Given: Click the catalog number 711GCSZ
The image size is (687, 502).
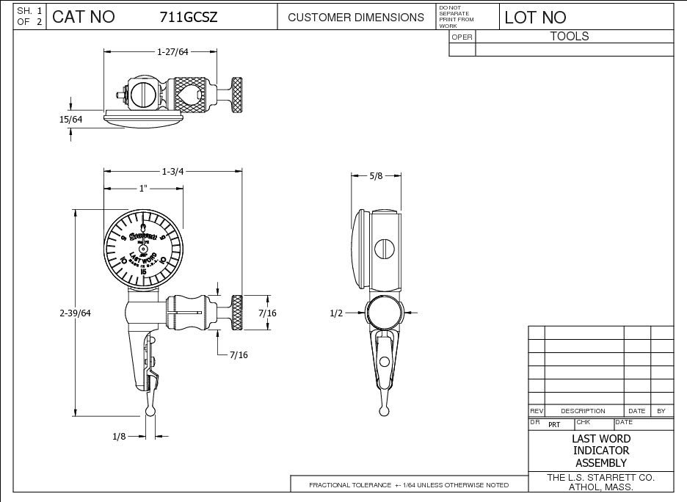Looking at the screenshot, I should tap(189, 17).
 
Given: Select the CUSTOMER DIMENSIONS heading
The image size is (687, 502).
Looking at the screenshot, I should tap(355, 17).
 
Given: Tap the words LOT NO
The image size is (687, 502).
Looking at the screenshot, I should tap(535, 17).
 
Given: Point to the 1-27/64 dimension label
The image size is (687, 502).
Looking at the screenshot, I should tap(172, 51).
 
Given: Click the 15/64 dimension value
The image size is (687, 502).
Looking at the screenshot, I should tap(71, 119).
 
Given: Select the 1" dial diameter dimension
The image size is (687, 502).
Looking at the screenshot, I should tap(144, 189).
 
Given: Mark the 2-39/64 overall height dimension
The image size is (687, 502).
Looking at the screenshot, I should tap(75, 313).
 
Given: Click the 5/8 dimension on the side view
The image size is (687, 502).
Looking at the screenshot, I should tap(376, 176).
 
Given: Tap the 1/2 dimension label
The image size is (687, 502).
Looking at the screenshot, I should tap(337, 313).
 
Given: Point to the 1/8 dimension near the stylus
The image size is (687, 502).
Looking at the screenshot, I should tap(120, 437).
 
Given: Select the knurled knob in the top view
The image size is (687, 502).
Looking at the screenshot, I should tap(238, 95).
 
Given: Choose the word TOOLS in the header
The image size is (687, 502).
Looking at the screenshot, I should tap(570, 36).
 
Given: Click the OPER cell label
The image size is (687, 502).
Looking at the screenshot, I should tap(462, 37).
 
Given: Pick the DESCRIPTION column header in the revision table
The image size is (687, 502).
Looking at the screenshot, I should tap(583, 411).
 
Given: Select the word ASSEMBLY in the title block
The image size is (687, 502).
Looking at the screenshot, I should tap(600, 463).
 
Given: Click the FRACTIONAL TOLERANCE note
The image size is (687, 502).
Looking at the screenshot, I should tap(408, 485).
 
